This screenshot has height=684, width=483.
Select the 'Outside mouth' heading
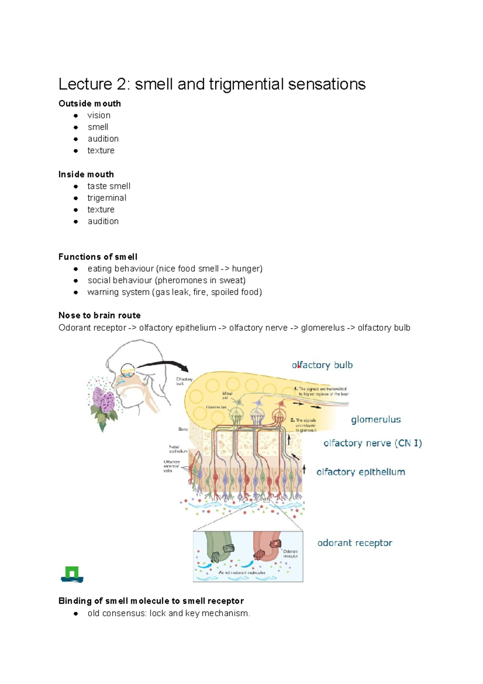(x=89, y=104)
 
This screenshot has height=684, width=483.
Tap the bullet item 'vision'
(x=99, y=115)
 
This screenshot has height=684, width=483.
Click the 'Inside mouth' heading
(x=86, y=174)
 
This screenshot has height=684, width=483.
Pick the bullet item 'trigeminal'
(x=107, y=198)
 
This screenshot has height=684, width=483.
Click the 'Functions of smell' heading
(x=98, y=257)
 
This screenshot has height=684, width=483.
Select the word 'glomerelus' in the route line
(x=323, y=328)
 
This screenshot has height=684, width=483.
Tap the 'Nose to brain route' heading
(x=99, y=315)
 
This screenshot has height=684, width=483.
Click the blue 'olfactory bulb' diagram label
(x=322, y=365)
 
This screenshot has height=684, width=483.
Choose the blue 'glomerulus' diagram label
(x=376, y=419)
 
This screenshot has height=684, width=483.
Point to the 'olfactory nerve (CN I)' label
(x=372, y=443)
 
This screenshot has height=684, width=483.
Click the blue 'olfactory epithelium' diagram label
(x=361, y=472)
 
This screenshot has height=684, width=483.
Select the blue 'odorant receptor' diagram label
(x=355, y=543)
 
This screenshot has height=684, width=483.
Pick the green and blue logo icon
(x=72, y=574)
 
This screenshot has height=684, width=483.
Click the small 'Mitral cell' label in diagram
(x=227, y=395)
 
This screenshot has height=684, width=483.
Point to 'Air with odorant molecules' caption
(x=242, y=572)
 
